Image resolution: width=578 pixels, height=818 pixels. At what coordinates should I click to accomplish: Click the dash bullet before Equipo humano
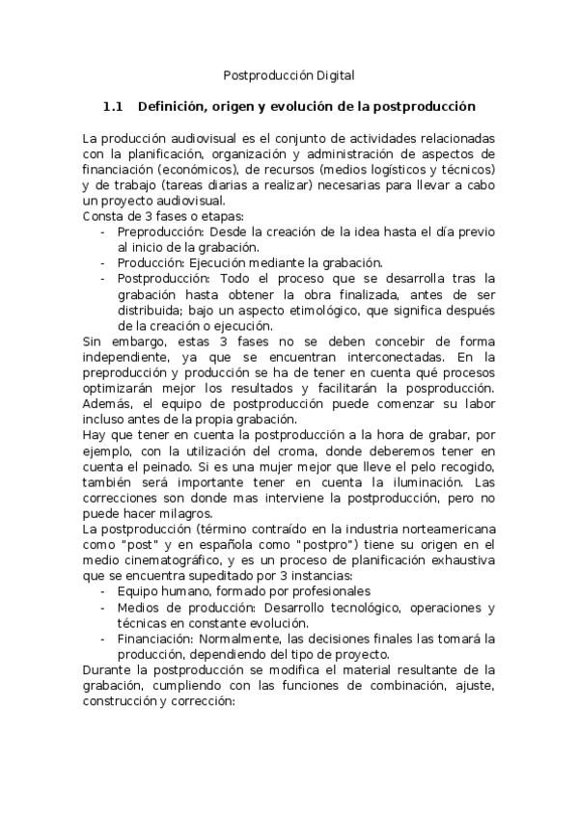coord(103,591)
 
